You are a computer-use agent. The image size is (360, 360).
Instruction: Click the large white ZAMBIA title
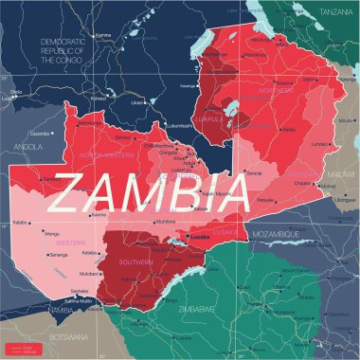(152, 190)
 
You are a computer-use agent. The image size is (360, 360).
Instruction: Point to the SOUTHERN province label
(134, 261)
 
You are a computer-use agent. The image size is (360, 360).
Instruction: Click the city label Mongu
(52, 231)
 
